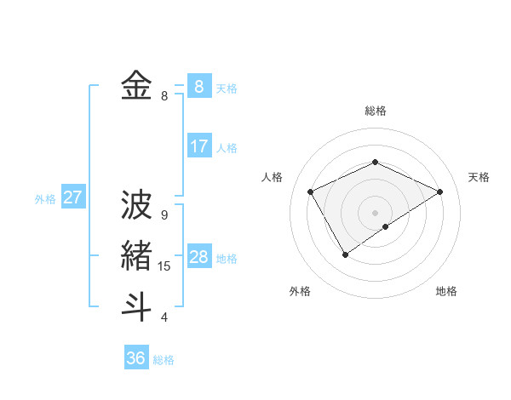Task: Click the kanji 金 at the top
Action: pos(136,85)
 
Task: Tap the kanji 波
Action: pos(136,205)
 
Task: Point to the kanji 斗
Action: pos(136,306)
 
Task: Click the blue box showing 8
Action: pos(198,86)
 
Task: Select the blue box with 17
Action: pos(198,146)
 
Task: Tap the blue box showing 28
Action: pos(198,256)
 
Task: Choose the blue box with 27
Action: pos(72,197)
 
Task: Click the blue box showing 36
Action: pos(135,358)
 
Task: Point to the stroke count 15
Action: pos(164,266)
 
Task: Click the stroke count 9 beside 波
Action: pos(164,215)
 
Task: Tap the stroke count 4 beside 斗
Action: pos(164,317)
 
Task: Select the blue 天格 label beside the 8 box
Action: pos(227,88)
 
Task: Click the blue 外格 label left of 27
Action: pos(45,199)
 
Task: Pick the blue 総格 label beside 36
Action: pos(164,360)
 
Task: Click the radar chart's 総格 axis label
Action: pos(375,111)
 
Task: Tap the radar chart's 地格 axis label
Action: pos(446,291)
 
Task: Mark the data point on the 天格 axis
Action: pos(439,191)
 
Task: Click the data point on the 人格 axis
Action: pos(310,191)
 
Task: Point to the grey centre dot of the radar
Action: pos(375,212)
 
